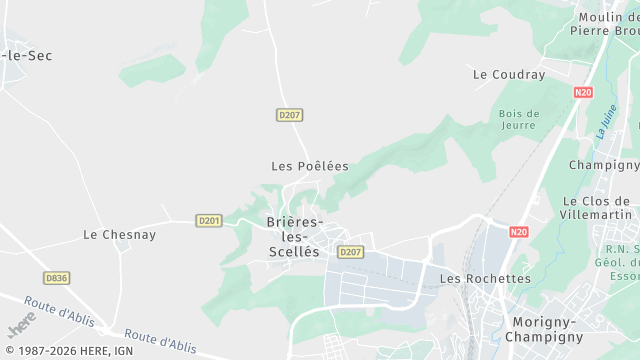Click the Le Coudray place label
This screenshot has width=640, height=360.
509,75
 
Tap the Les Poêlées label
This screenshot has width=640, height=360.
309,166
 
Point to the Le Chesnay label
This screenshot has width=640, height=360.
119,235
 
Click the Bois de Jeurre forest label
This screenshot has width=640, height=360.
519,120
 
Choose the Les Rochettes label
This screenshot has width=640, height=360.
485,279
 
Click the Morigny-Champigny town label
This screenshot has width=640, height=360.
547,329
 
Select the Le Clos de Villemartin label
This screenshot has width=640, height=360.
599,207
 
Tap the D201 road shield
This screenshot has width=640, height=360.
209,220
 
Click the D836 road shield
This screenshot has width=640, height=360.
57,277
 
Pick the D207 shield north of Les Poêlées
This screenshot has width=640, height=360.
289,115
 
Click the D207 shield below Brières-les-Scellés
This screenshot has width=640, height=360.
350,252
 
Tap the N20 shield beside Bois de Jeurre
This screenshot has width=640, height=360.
584,92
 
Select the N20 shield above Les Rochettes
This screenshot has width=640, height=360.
518,232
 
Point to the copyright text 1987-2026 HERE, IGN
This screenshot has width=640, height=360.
67,351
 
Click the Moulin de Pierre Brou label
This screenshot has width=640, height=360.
604,23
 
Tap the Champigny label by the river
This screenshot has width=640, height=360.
603,165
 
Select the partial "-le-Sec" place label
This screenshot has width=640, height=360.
27,56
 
